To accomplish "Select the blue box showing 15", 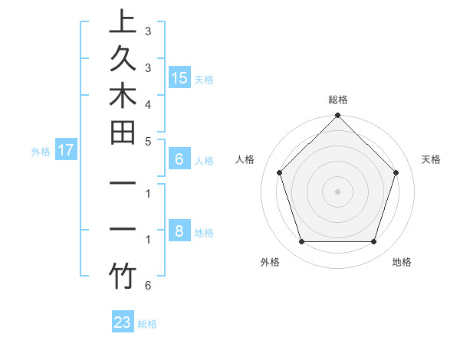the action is pyautogui.click(x=179, y=77).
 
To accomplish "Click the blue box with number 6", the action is pyautogui.click(x=179, y=159).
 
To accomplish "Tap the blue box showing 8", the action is pyautogui.click(x=179, y=231).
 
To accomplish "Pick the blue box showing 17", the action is pyautogui.click(x=65, y=150).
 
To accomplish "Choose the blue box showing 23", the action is pyautogui.click(x=123, y=322).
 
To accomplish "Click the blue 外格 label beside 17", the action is pyautogui.click(x=41, y=152).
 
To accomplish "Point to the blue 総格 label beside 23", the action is pyautogui.click(x=148, y=324).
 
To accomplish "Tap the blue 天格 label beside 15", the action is pyautogui.click(x=204, y=79).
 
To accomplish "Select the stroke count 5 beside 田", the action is pyautogui.click(x=147, y=141).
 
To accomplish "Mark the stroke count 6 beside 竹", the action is pyautogui.click(x=147, y=286).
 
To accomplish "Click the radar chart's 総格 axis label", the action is pyautogui.click(x=338, y=100).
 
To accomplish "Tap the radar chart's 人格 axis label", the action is pyautogui.click(x=245, y=159).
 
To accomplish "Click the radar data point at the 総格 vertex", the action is pyautogui.click(x=338, y=117).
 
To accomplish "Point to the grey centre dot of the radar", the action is pyautogui.click(x=338, y=191).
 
